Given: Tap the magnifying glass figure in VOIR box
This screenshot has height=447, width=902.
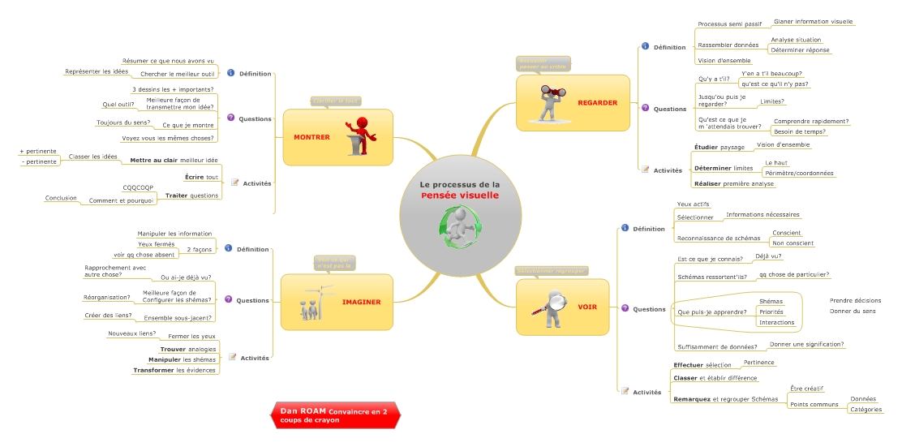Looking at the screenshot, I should [x=552, y=308].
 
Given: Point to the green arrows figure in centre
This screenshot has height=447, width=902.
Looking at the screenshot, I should [x=461, y=227].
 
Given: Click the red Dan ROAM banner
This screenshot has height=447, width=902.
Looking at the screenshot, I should [x=334, y=415].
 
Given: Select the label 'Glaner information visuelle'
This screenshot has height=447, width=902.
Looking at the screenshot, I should [x=814, y=21].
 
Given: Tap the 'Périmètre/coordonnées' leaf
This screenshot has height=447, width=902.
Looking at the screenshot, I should [x=799, y=173].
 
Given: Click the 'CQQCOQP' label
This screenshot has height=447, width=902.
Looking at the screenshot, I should [x=138, y=187].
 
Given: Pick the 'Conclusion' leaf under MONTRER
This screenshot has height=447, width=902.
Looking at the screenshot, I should [x=61, y=198].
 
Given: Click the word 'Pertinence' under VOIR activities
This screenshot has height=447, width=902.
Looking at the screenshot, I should [x=758, y=362].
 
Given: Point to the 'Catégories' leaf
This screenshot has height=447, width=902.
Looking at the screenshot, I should [x=865, y=410].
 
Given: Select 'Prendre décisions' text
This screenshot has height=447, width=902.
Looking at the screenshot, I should [x=855, y=300].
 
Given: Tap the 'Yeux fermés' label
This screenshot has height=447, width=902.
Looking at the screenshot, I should [x=157, y=243].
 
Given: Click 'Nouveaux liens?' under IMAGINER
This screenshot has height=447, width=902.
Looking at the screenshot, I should [x=132, y=333].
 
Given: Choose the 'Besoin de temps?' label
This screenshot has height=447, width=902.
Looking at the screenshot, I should [x=799, y=131].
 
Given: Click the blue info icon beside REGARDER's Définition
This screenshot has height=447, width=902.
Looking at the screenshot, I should [x=645, y=47].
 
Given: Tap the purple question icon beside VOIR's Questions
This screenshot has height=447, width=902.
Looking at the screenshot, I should [x=625, y=308].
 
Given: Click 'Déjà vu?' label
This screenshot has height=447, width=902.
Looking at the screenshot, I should [x=768, y=256].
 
